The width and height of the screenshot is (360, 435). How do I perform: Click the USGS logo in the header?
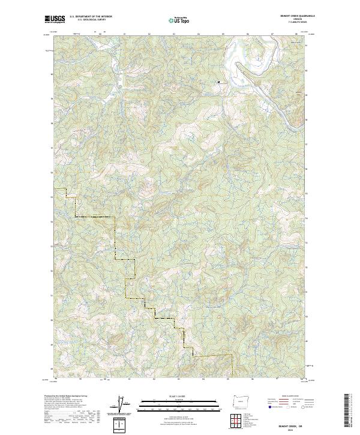(x=54, y=19)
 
